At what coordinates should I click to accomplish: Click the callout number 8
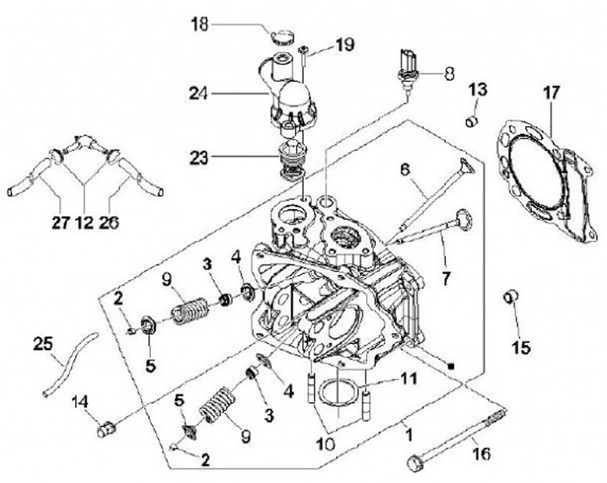click(450, 73)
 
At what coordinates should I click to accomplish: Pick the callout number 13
click(478, 89)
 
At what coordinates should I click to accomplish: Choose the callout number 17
click(550, 94)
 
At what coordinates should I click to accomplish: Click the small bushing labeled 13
click(473, 122)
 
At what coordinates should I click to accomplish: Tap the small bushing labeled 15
click(510, 297)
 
